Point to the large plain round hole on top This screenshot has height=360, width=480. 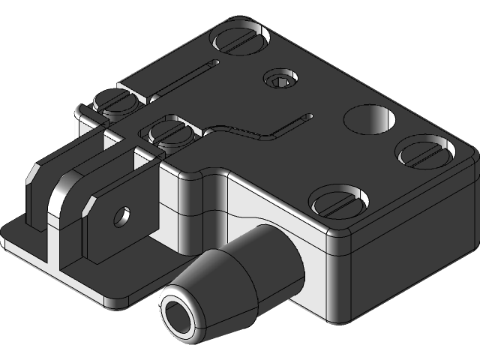pos(370,118)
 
